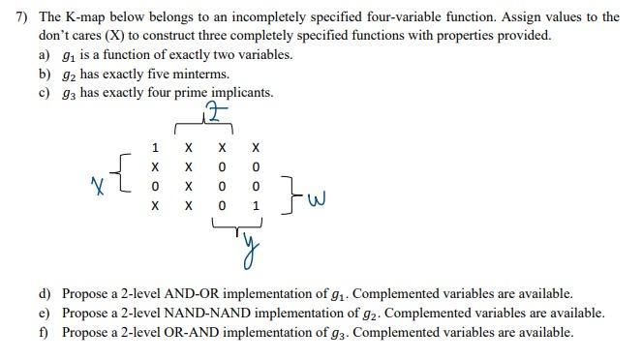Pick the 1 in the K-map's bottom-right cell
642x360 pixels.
coord(254,206)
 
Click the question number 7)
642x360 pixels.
coord(14,17)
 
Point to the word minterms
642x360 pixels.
coord(202,74)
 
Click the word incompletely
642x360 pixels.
coord(278,17)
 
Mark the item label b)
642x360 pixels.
coord(45,74)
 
